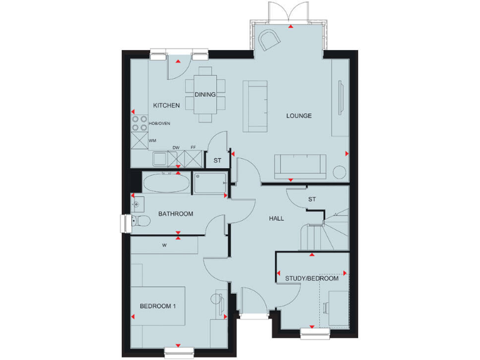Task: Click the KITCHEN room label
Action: click(x=167, y=106)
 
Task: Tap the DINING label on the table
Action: click(x=205, y=95)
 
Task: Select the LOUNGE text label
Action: click(x=299, y=116)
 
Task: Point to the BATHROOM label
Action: click(x=176, y=214)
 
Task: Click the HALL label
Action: click(x=276, y=219)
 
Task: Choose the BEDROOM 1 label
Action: click(x=157, y=306)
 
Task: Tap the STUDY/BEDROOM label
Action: click(x=312, y=279)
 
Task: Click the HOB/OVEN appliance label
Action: click(x=159, y=124)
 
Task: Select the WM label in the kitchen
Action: click(x=152, y=141)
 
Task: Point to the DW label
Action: click(x=176, y=148)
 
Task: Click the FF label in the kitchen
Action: click(x=193, y=148)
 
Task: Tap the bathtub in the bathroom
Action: click(x=165, y=183)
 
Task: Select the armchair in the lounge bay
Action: click(x=270, y=40)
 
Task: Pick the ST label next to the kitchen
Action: click(x=217, y=161)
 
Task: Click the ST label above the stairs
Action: click(x=311, y=199)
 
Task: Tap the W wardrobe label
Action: click(x=164, y=246)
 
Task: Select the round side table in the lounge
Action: click(x=339, y=171)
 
